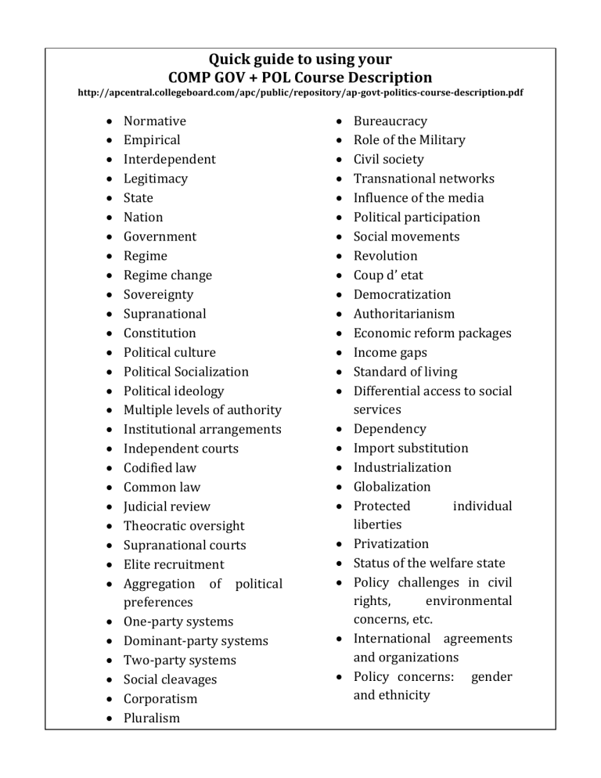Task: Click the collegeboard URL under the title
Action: (x=300, y=92)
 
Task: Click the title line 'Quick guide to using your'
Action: (x=300, y=59)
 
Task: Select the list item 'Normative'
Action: (x=154, y=121)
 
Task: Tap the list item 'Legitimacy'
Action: (x=155, y=178)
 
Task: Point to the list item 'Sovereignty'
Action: (x=158, y=294)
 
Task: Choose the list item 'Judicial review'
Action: (x=167, y=506)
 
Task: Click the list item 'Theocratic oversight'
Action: (x=184, y=526)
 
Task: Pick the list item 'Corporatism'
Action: (x=160, y=699)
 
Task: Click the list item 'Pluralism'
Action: (x=151, y=719)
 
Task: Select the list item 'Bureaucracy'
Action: (x=390, y=121)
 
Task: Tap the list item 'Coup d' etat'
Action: (x=388, y=276)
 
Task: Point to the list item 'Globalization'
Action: (x=392, y=487)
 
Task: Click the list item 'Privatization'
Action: (x=391, y=544)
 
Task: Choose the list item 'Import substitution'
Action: (x=411, y=448)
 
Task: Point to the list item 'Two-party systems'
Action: (x=179, y=661)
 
